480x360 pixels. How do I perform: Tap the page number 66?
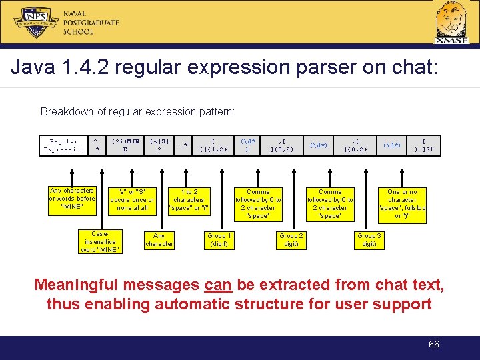coord(434,344)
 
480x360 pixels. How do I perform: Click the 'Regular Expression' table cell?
coord(64,145)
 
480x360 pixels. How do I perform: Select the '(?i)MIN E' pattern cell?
coord(125,145)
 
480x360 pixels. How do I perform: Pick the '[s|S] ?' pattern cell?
coord(159,145)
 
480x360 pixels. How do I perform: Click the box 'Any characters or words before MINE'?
coord(72,199)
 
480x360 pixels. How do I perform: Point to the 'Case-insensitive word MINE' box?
coord(99,241)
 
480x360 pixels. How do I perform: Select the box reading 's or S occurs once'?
coord(132,200)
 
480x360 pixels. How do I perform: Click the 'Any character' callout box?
coord(159,240)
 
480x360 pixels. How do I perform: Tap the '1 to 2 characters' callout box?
coord(189,200)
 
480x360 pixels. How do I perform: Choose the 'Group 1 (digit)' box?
coord(219,240)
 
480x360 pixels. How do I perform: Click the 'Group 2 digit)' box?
coord(291,240)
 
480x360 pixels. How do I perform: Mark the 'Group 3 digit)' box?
coord(369,240)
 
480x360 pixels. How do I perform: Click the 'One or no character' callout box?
coord(402,203)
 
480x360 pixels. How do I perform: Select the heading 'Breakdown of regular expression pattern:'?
coord(137,111)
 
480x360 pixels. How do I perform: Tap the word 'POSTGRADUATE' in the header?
coord(91,22)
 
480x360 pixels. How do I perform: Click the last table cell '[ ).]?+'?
coord(424,145)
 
